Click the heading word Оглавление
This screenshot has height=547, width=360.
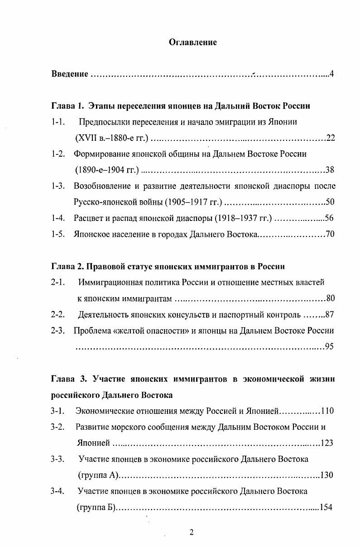(192, 43)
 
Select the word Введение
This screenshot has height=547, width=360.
(69, 74)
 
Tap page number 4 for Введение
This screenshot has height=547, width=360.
(332, 74)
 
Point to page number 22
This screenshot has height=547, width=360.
(330, 138)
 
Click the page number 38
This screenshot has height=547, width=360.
(330, 170)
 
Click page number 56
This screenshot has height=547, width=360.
(329, 218)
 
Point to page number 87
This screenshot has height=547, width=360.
(329, 314)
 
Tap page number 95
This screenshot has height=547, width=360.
(329, 347)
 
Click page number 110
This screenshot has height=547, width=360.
(327, 411)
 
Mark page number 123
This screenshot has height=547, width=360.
(326, 443)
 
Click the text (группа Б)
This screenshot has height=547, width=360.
(96, 507)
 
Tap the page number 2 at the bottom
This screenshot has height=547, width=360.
(192, 533)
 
